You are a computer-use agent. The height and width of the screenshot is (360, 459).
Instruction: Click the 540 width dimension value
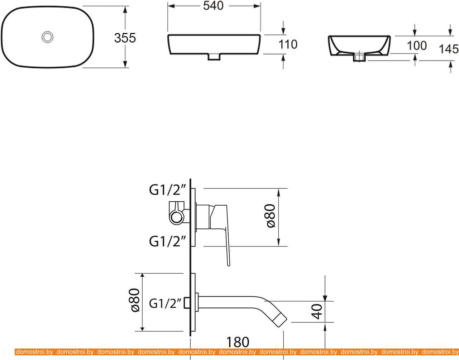point(213,6)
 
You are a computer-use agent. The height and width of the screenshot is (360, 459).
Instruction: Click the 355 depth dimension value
point(125,38)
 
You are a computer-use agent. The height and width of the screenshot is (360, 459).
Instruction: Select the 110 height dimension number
point(288,44)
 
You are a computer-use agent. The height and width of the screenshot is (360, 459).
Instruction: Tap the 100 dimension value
point(417,45)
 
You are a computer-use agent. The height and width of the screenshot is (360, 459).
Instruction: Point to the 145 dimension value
point(449,49)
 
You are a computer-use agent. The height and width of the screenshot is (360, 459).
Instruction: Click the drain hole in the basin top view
point(47,37)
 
